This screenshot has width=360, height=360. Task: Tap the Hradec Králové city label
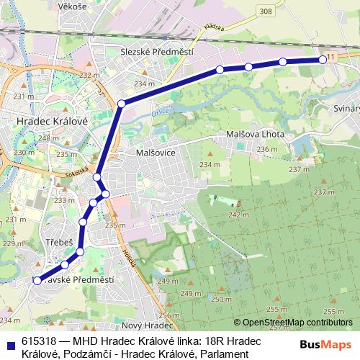[x=51, y=122]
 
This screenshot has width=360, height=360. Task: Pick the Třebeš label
[x=59, y=243]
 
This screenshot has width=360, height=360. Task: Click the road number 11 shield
[x=330, y=56]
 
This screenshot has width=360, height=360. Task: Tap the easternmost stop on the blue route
[x=323, y=60]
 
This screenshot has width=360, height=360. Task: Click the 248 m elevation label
[x=49, y=138]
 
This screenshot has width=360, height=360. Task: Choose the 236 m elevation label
[x=267, y=149]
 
